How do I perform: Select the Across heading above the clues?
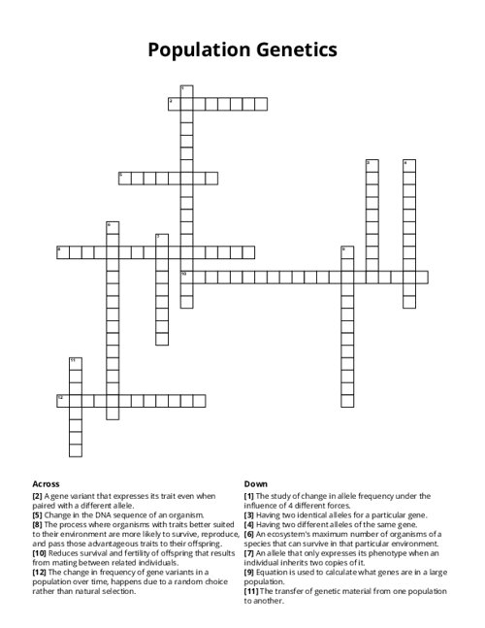coord(46,483)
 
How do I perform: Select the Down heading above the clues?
coord(255,483)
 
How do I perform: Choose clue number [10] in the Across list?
coord(39,552)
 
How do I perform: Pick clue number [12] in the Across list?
coord(39,572)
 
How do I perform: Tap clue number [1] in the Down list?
coord(248,495)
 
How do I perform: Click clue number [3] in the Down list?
coord(248,514)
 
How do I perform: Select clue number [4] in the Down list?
coord(248,524)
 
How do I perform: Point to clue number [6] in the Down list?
coord(248,534)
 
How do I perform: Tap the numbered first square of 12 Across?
coord(62,400)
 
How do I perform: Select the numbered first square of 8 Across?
coord(62,252)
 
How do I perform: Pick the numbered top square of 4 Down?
coord(409,165)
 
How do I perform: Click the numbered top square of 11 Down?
coord(75,363)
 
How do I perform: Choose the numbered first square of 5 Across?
coord(123,178)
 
